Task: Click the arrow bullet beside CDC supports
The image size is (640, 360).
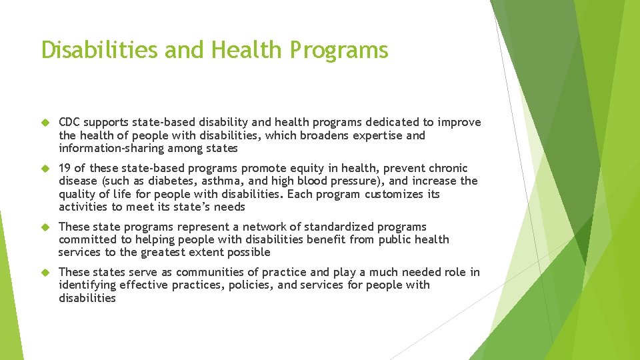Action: (x=46, y=123)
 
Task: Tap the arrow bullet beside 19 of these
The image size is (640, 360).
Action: (x=46, y=169)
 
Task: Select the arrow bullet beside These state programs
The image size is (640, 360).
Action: (x=46, y=227)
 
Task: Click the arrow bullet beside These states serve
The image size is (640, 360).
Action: (x=46, y=273)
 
